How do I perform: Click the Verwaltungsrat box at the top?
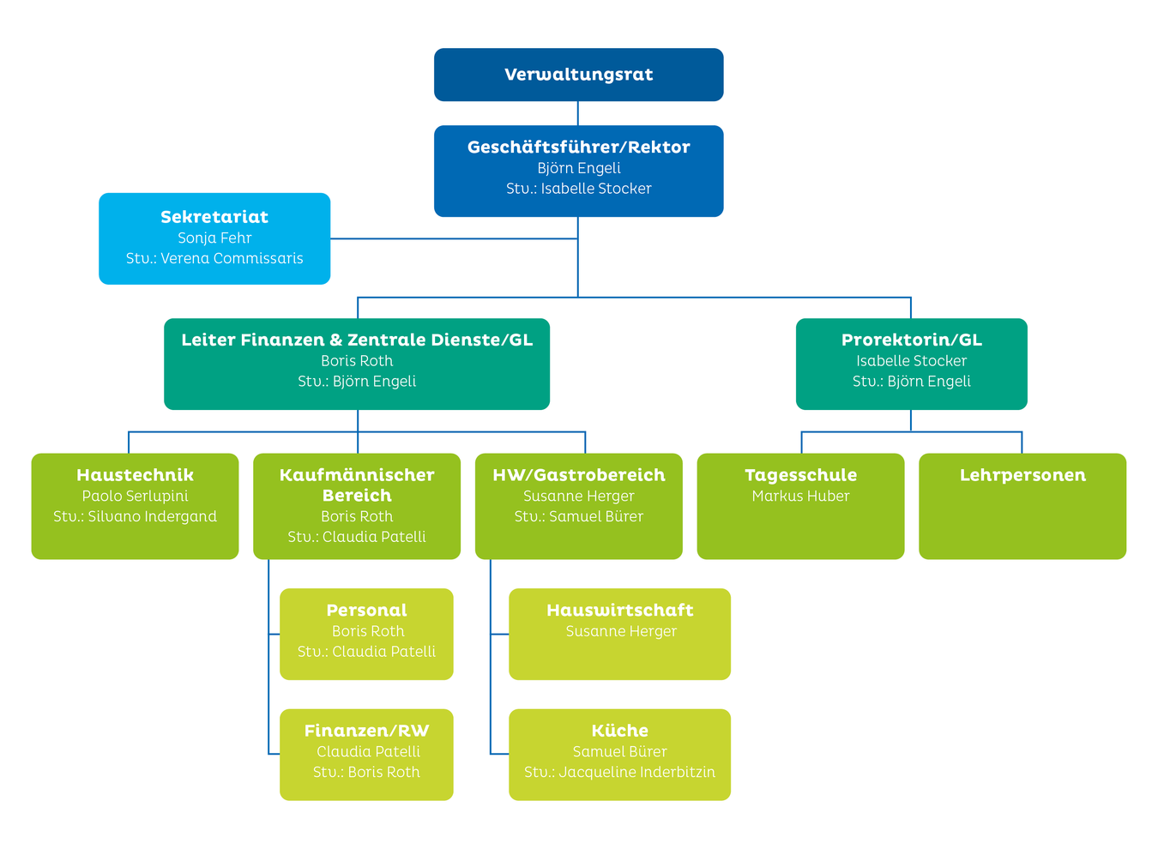pyautogui.click(x=578, y=75)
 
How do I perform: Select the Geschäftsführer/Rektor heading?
pyautogui.click(x=578, y=148)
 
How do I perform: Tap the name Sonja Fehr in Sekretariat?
pyautogui.click(x=214, y=238)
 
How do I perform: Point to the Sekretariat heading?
pyautogui.click(x=214, y=218)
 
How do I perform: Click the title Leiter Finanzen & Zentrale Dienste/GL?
pyautogui.click(x=357, y=340)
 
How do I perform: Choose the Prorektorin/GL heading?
pyautogui.click(x=911, y=340)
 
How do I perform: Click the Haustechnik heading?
pyautogui.click(x=135, y=475)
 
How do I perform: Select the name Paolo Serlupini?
pyautogui.click(x=135, y=497)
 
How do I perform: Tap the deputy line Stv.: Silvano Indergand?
pyautogui.click(x=135, y=517)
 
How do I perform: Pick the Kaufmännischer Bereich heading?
pyautogui.click(x=357, y=485)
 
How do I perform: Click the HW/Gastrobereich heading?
pyautogui.click(x=578, y=475)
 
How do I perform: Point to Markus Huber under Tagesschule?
pyautogui.click(x=800, y=497)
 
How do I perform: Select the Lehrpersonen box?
pyautogui.click(x=1022, y=506)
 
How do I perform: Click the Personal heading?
pyautogui.click(x=366, y=611)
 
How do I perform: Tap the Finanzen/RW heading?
pyautogui.click(x=366, y=732)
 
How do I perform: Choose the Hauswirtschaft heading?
pyautogui.click(x=619, y=611)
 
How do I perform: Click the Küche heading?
pyautogui.click(x=619, y=732)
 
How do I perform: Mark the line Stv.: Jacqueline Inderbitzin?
pyautogui.click(x=619, y=773)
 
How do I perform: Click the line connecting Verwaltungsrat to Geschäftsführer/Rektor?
pyautogui.click(x=578, y=113)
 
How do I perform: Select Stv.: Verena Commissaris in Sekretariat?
pyautogui.click(x=214, y=259)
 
